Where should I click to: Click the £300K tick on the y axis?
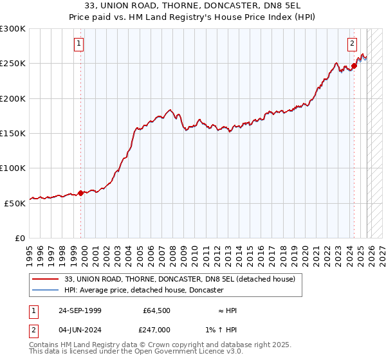tap(13, 29)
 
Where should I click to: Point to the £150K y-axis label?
tap(13, 133)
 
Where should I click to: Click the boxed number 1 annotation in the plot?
tap(78, 44)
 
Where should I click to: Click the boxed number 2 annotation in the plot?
tap(353, 44)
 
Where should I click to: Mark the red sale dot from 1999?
tap(80, 192)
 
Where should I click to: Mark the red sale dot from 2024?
tap(354, 66)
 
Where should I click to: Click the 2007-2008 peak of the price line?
tap(169, 111)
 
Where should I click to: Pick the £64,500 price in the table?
tap(156, 310)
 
